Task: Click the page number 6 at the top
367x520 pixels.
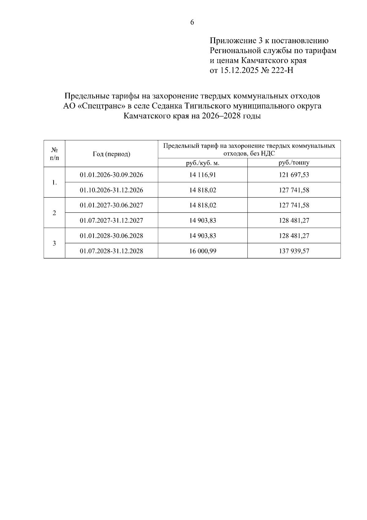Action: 192,22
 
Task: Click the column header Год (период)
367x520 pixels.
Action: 111,154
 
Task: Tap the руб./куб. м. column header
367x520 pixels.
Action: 203,163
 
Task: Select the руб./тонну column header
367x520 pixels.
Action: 294,163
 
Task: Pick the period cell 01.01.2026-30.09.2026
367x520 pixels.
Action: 111,175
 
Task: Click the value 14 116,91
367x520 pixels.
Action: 203,175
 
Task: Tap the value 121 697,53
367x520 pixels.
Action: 294,175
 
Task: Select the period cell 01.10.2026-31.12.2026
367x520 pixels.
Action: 111,190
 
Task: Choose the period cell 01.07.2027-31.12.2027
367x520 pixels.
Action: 111,220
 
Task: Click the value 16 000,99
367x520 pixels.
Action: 203,251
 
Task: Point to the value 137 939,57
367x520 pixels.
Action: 294,251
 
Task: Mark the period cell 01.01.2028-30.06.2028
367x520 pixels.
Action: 111,236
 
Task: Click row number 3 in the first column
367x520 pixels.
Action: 54,243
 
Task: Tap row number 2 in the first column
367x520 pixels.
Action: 54,213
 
